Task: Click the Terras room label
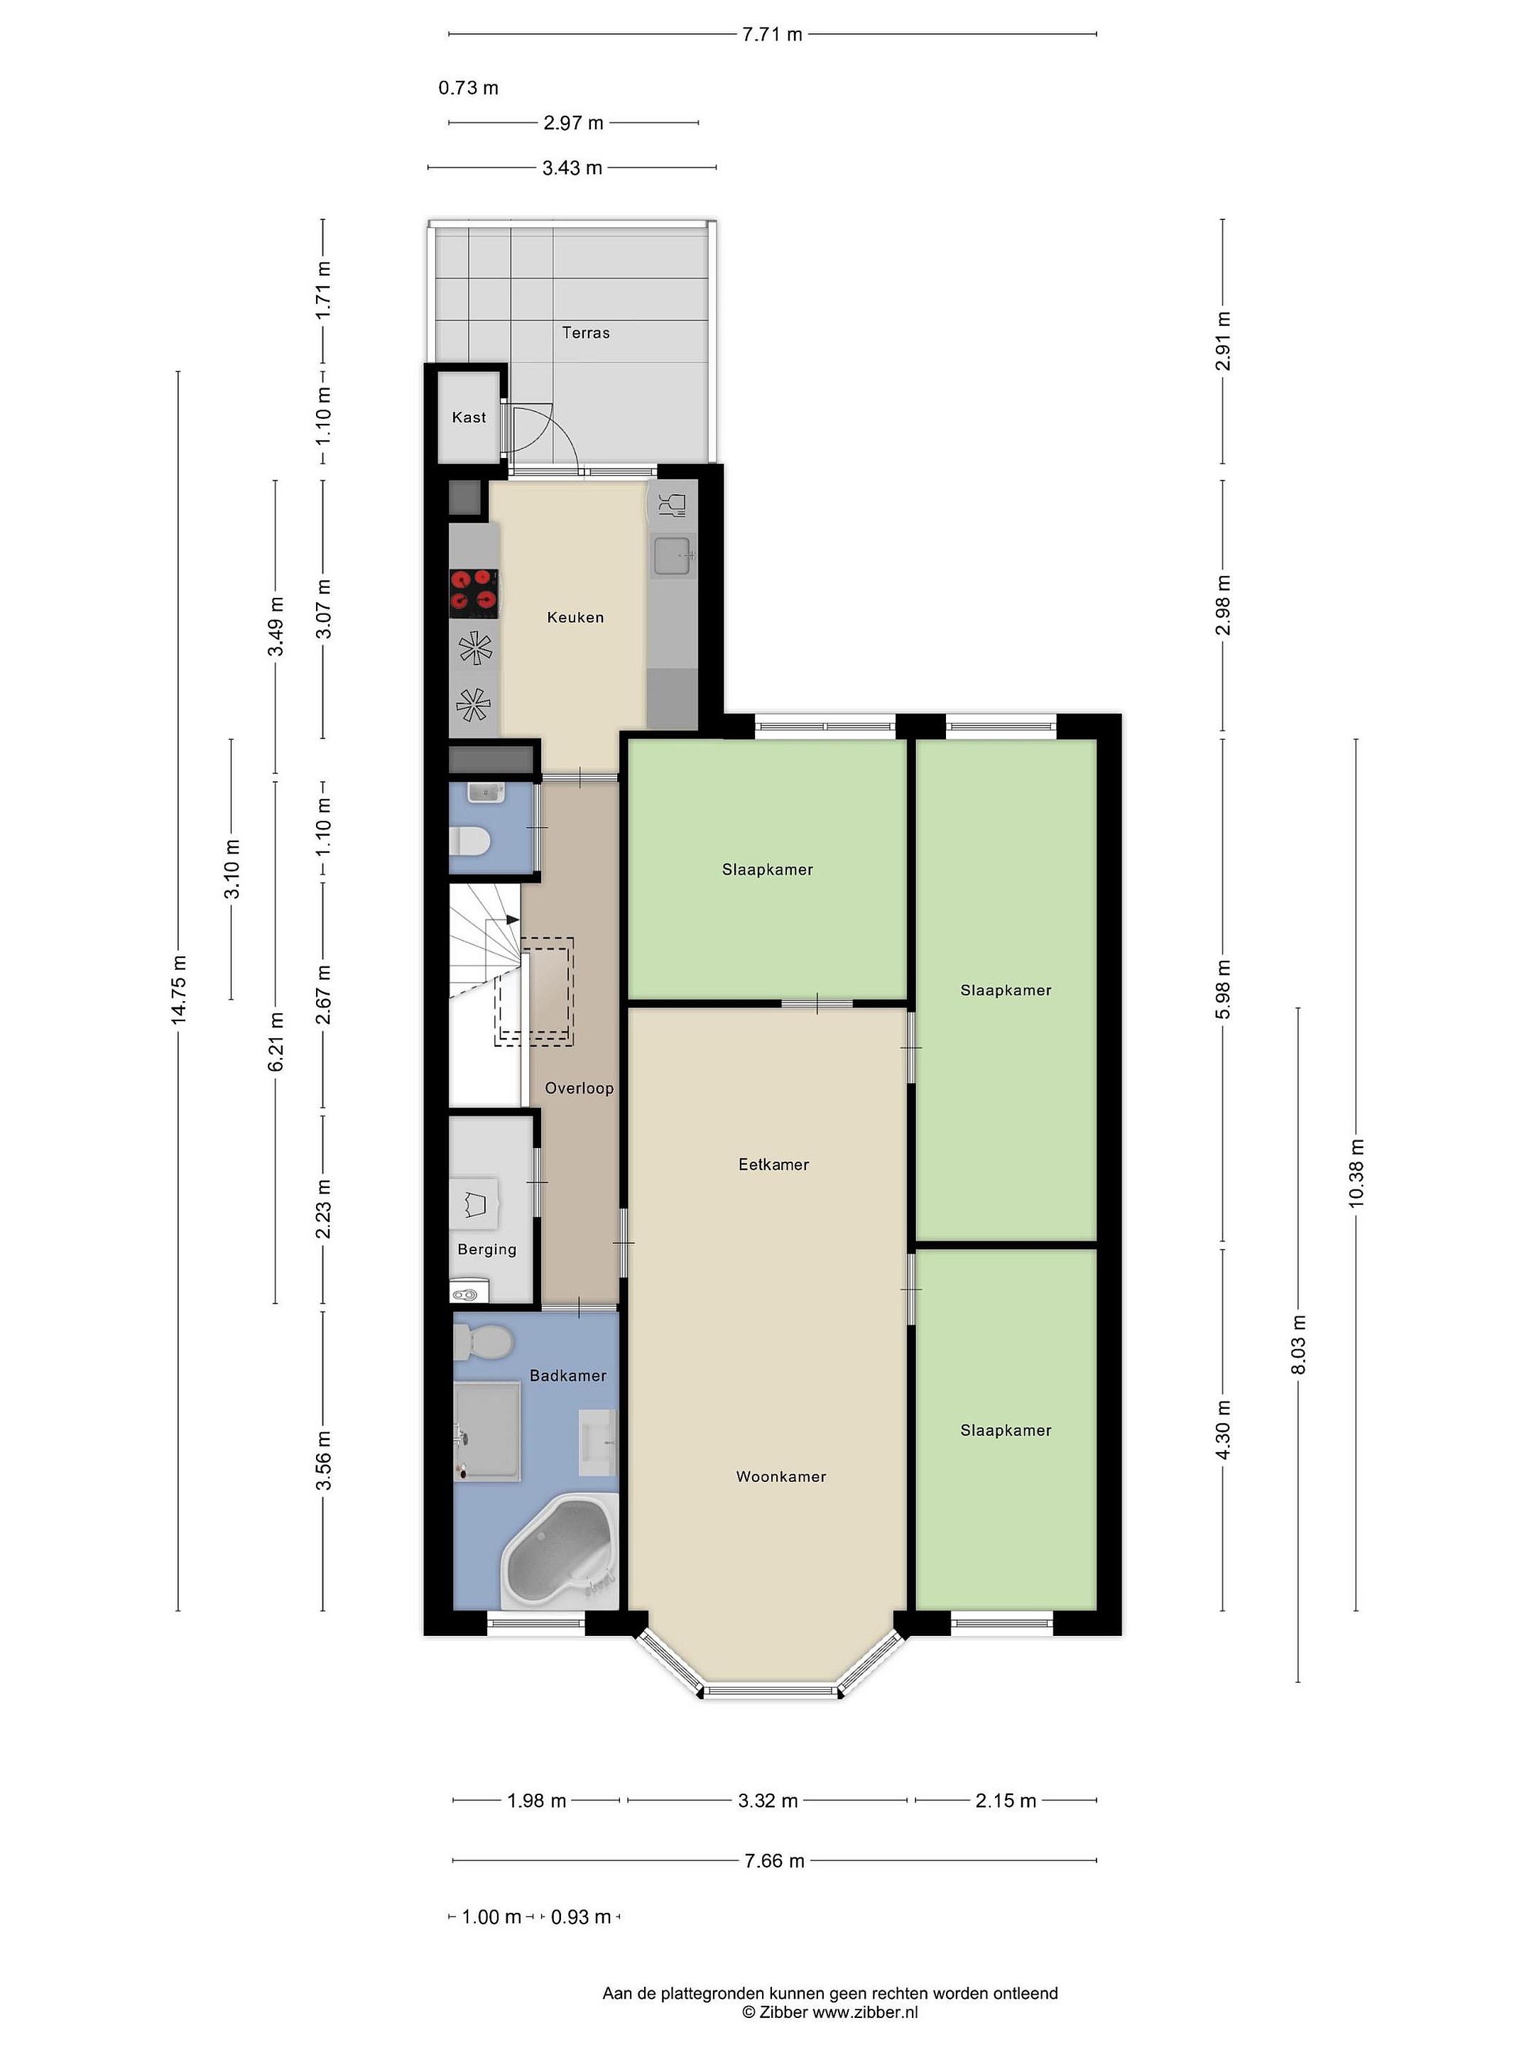(585, 333)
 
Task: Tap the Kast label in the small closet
(469, 417)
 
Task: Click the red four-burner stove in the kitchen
(474, 593)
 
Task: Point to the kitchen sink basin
(673, 555)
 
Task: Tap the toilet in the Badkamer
(483, 1341)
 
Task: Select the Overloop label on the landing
(579, 1088)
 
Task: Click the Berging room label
(487, 1249)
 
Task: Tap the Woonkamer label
(780, 1476)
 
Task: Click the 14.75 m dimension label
(178, 989)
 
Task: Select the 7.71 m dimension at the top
(772, 34)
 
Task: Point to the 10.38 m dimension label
(1356, 1174)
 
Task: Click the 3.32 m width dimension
(768, 1800)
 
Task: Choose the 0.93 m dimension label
(581, 1916)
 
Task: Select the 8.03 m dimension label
(1298, 1344)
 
